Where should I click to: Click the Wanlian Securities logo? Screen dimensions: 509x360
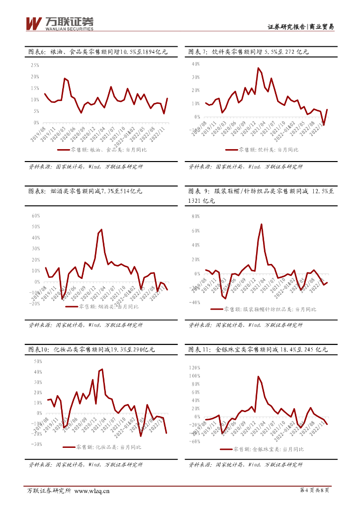[x=59, y=23]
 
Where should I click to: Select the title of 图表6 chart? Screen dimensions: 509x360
[x=97, y=51]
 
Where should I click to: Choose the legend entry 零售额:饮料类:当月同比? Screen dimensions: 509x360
[x=262, y=149]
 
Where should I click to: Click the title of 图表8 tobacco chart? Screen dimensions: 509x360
[x=85, y=191]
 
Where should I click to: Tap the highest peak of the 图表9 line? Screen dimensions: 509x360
[x=262, y=224]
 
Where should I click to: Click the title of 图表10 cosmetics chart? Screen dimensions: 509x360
[x=91, y=349]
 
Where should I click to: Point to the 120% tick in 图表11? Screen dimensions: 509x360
[x=194, y=368]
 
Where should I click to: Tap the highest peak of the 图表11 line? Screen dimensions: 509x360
[x=259, y=376]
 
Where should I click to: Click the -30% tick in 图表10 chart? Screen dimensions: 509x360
[x=35, y=444]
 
